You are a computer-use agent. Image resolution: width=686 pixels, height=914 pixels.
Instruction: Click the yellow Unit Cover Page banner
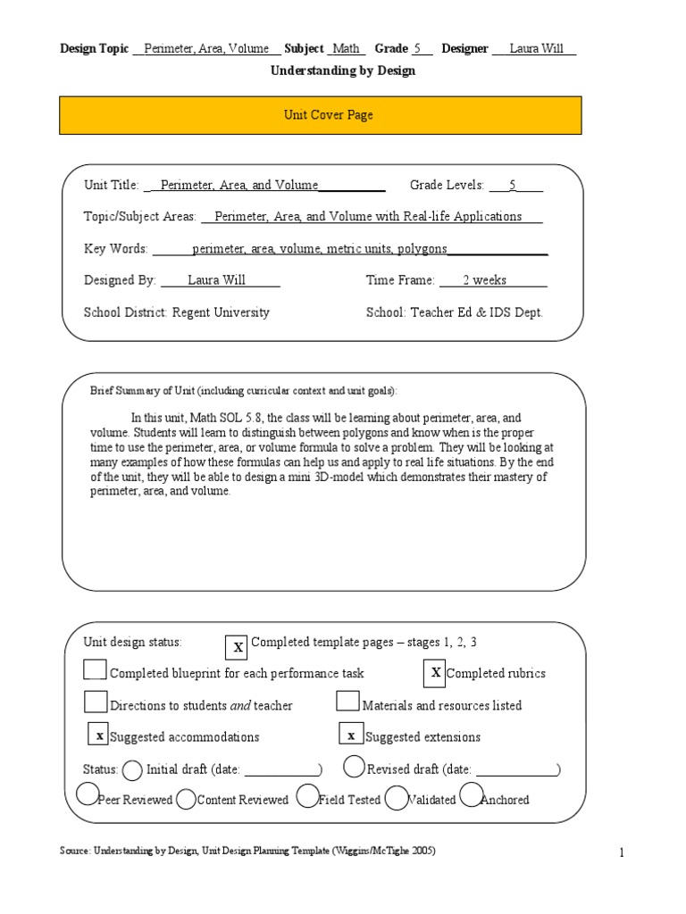click(x=320, y=115)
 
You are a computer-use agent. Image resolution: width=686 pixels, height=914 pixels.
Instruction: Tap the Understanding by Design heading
click(x=342, y=71)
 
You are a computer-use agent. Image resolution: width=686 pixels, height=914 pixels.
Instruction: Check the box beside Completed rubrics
click(x=435, y=673)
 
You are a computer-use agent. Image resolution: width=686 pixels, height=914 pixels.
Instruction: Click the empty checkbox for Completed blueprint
click(x=96, y=670)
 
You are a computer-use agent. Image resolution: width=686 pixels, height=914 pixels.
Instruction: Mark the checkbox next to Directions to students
click(x=96, y=702)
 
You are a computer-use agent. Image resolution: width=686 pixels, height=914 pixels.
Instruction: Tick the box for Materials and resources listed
click(x=348, y=702)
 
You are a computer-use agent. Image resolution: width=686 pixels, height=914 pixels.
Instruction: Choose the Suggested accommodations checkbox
click(x=100, y=735)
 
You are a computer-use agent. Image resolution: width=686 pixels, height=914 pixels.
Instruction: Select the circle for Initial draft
click(x=131, y=769)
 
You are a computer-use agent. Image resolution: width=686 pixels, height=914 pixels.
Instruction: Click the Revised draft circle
click(x=354, y=767)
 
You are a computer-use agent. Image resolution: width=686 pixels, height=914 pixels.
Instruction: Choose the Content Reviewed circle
click(x=186, y=800)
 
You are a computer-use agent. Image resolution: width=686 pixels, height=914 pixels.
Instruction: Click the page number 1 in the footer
click(x=622, y=853)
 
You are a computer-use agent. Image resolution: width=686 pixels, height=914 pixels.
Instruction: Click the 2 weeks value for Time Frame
click(x=484, y=280)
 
